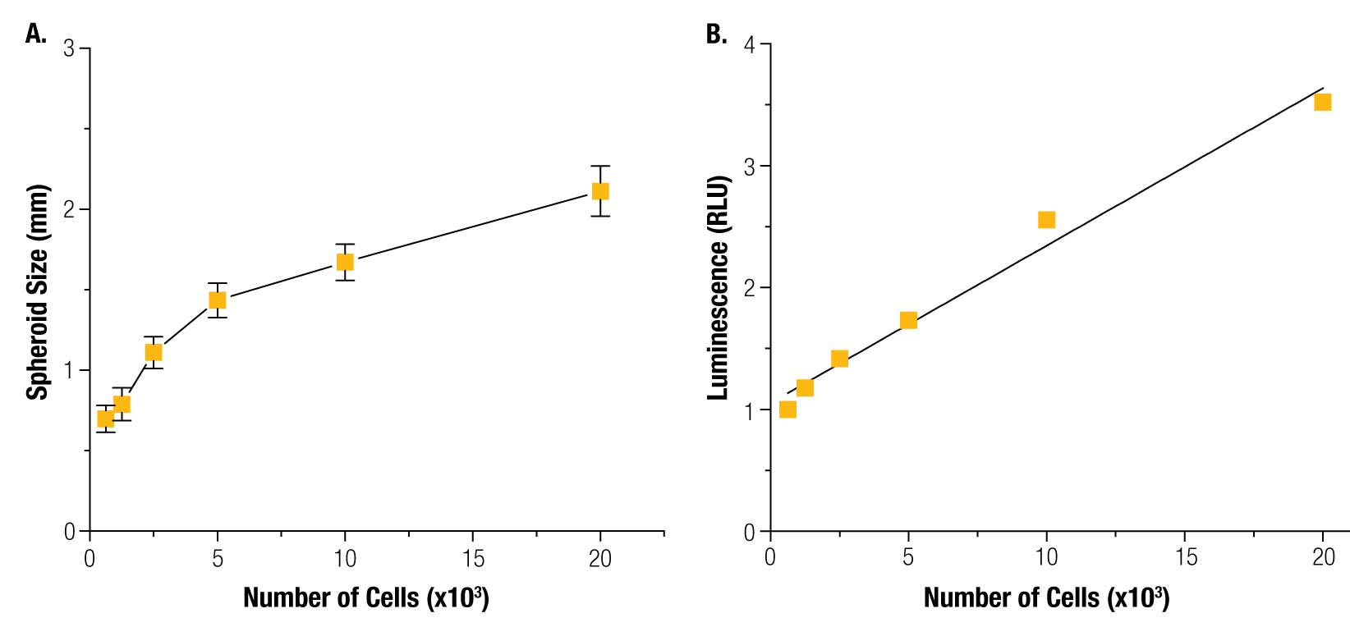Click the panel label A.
35,34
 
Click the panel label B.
716,34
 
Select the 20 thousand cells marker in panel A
600,191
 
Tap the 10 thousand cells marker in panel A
345,262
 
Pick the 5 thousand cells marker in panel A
217,300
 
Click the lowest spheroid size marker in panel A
105,419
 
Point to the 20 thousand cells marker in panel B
1322,102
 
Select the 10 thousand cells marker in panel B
1046,219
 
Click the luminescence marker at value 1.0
787,409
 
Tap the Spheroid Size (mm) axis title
38,292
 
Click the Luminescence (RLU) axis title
719,287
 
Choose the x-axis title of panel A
366,597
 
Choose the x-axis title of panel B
1046,597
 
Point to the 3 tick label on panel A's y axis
69,49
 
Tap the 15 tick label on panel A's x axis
473,560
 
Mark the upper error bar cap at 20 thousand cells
600,167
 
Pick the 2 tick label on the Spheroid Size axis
69,210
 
